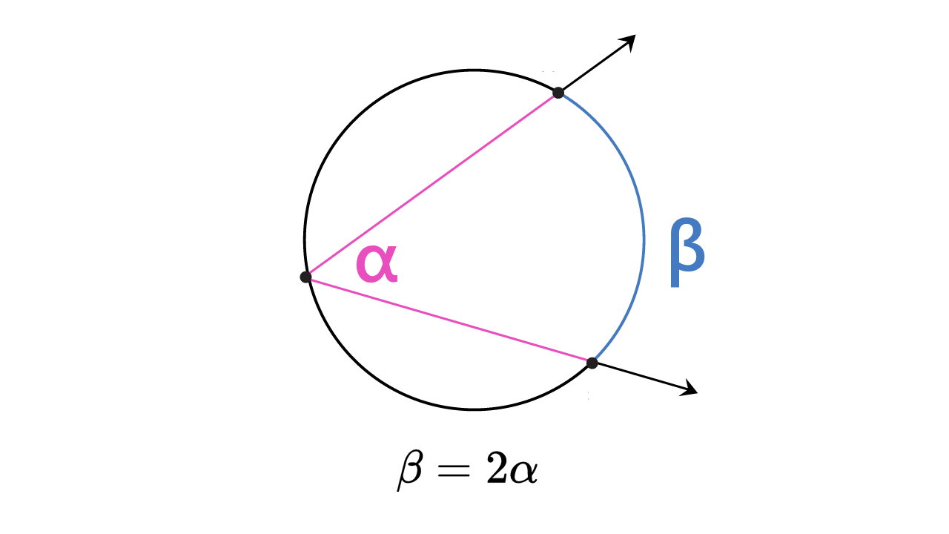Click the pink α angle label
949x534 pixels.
pos(377,264)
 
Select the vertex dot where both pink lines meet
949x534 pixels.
pos(305,277)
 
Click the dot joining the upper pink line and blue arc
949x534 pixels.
pos(558,93)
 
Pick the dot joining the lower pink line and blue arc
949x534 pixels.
pos(592,363)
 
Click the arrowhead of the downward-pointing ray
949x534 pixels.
pos(691,389)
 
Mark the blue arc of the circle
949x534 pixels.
pos(642,237)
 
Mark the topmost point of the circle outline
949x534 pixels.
pos(473,70)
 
